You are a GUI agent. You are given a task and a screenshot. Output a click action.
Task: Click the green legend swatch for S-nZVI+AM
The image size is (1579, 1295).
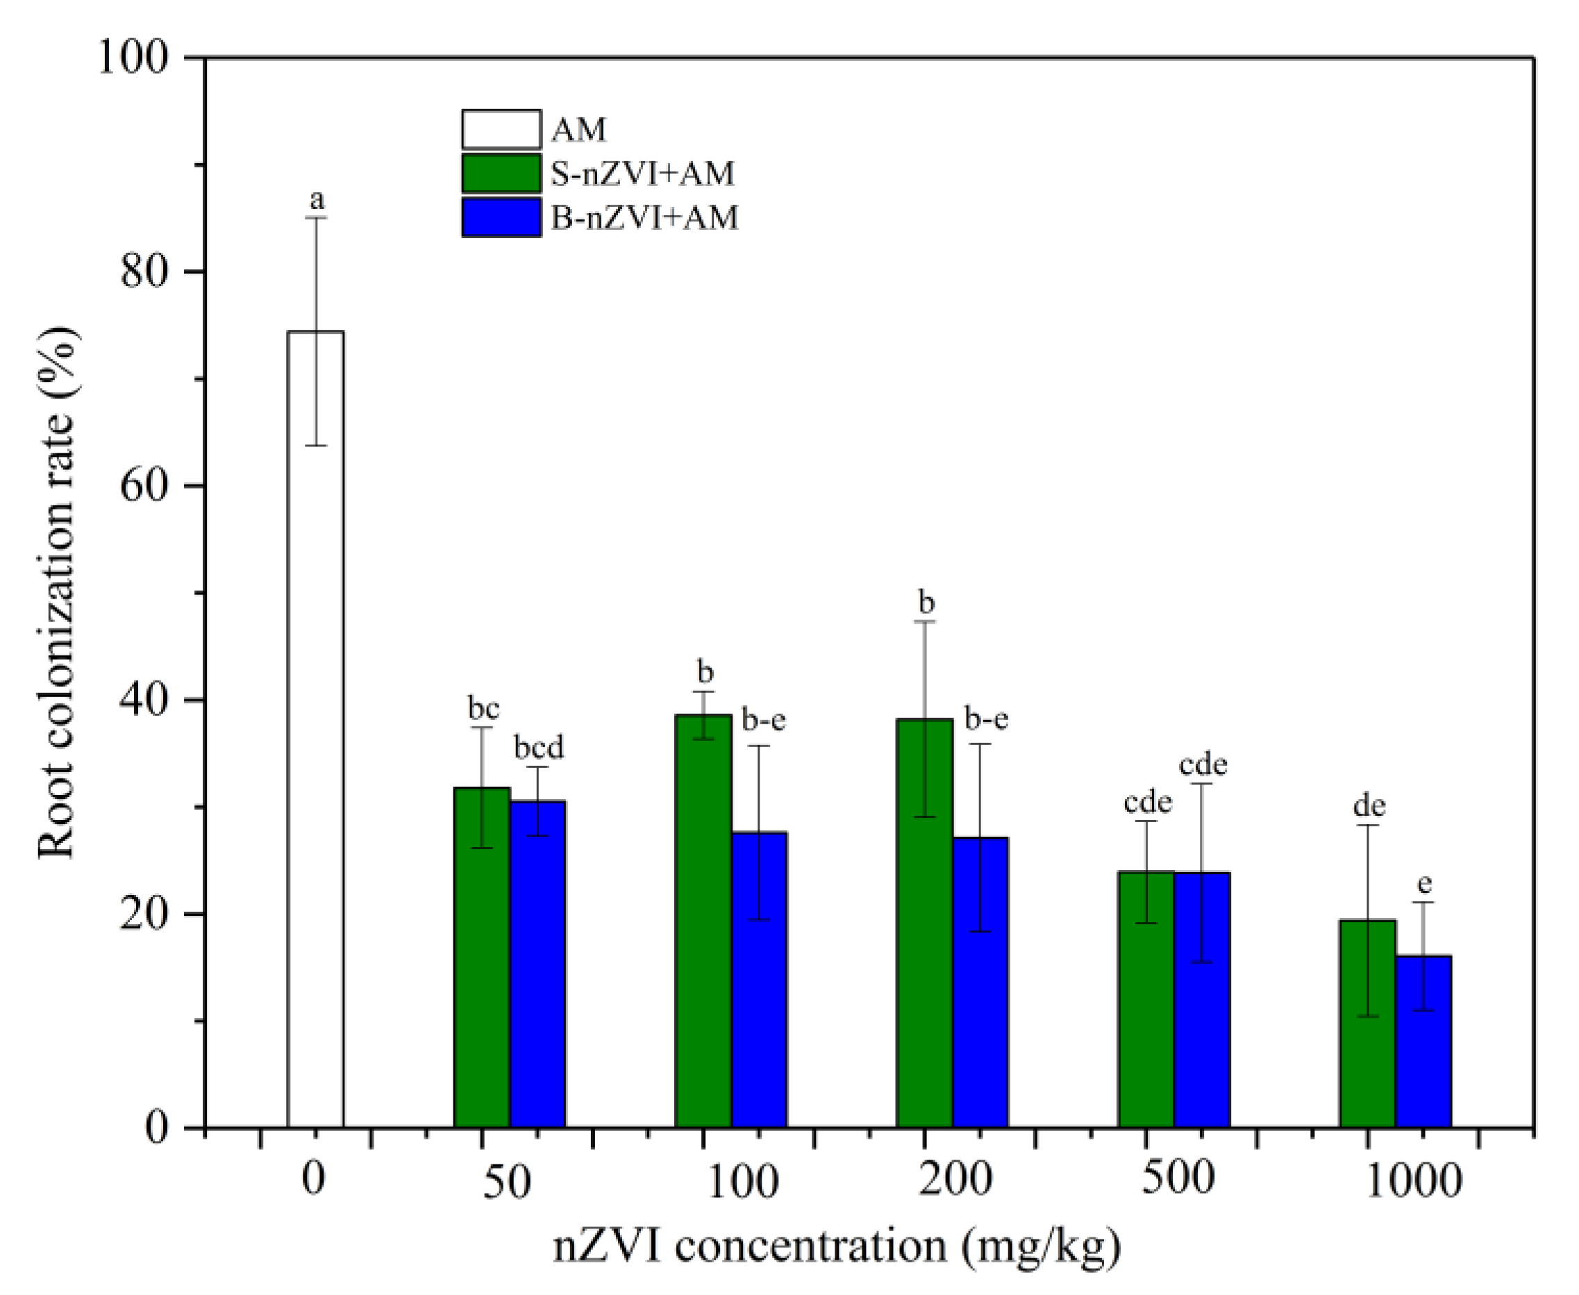pos(501,173)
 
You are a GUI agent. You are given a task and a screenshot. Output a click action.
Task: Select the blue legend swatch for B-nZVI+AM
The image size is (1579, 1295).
pos(501,217)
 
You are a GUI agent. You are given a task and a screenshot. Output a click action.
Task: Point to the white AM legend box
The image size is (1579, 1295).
pos(501,130)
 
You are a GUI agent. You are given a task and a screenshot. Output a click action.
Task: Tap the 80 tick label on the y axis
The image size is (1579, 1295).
pos(143,271)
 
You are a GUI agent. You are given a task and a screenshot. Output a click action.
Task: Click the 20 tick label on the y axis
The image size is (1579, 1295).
pos(143,914)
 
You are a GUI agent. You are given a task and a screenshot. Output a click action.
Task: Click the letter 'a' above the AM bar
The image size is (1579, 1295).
pos(317,200)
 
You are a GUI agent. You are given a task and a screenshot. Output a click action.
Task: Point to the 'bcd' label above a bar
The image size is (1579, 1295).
pos(539,746)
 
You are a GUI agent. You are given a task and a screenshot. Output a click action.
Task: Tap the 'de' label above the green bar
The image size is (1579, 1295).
pos(1369,805)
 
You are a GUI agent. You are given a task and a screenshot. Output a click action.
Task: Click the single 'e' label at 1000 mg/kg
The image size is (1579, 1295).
pos(1424,884)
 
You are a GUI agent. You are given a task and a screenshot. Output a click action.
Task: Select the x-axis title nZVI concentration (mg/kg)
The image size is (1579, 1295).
pos(836,1246)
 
